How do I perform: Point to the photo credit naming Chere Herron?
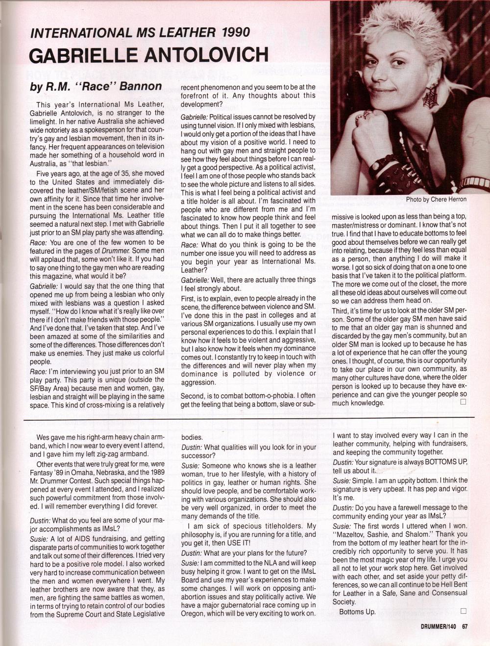click(x=436, y=199)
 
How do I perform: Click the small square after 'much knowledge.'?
click(x=463, y=402)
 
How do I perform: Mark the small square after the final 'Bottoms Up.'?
click(x=463, y=611)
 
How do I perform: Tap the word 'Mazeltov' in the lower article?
click(x=352, y=534)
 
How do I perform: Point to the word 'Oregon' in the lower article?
click(x=192, y=614)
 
